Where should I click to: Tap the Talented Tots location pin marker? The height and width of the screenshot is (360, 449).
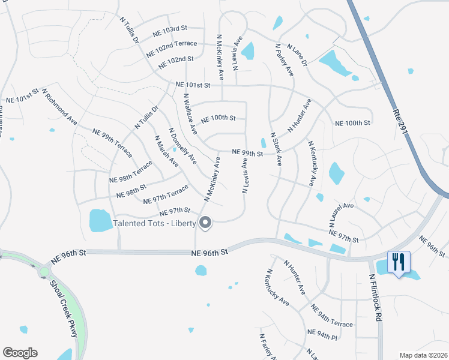(x=205, y=223)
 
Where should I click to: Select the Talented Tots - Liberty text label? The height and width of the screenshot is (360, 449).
(x=154, y=224)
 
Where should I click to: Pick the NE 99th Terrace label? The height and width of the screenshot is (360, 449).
(x=112, y=143)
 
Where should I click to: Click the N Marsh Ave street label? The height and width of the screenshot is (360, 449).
(x=166, y=151)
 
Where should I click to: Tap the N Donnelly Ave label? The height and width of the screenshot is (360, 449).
(x=182, y=145)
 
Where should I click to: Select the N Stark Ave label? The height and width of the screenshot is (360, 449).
(x=276, y=149)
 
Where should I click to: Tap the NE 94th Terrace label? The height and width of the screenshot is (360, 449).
(x=333, y=316)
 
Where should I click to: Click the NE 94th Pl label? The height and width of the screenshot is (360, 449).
(x=323, y=333)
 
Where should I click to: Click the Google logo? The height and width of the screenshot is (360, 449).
(x=20, y=353)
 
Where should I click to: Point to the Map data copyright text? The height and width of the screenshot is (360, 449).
(x=423, y=355)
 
